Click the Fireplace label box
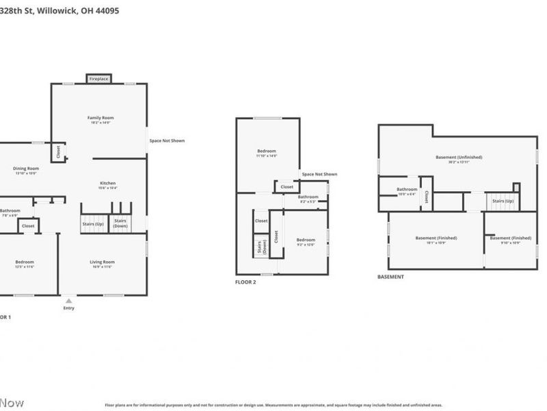[x=98, y=79]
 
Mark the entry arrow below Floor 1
[x=68, y=300]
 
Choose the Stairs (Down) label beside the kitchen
[x=120, y=223]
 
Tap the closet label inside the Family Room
[x=58, y=151]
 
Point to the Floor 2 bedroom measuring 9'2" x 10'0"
[x=306, y=241]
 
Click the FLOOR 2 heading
[x=245, y=282]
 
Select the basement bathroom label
[x=408, y=190]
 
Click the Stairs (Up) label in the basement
[x=503, y=201]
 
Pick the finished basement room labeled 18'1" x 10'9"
[x=436, y=240]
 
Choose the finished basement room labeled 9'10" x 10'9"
[x=511, y=240]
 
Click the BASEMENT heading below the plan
[x=390, y=277]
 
